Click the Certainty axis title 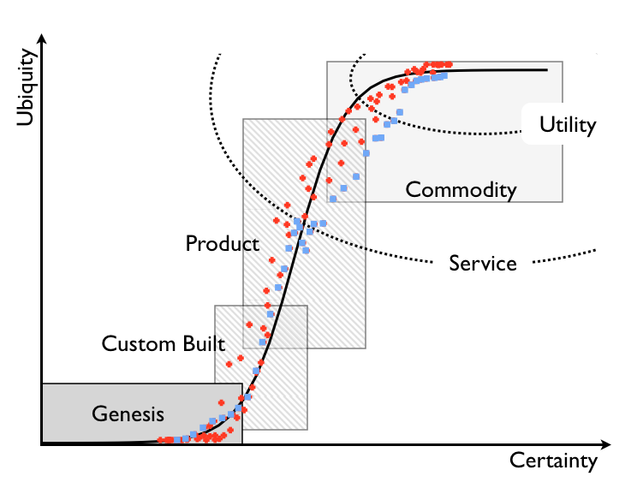553,461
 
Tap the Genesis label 128,414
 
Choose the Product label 222,244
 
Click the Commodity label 461,189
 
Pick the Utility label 567,125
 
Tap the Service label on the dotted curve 483,263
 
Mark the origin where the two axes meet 41,443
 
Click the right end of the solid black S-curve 546,69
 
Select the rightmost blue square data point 445,75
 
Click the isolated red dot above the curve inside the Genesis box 222,402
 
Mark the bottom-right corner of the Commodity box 563,202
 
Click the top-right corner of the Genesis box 242,384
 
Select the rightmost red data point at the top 449,64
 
